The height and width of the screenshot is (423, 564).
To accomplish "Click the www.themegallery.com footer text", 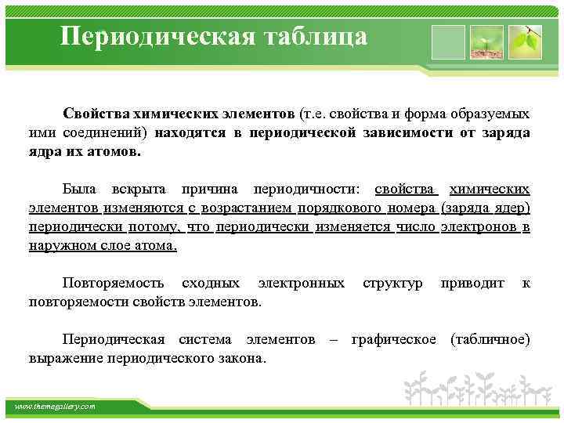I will coord(56,407).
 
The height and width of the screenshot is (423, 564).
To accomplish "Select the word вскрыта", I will coord(141,190).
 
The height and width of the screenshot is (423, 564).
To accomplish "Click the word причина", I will coord(213,190).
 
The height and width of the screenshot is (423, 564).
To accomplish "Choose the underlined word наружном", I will coord(58,246).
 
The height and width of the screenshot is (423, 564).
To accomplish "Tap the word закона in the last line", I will coord(243,359).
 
